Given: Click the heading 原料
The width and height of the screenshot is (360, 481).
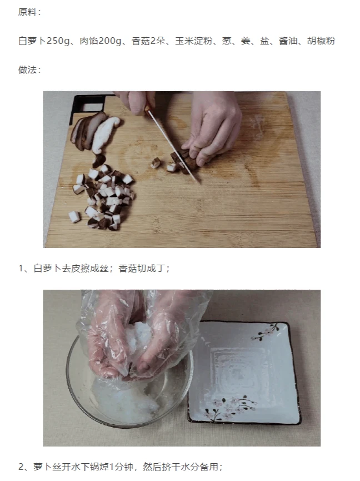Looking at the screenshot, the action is pyautogui.click(x=27, y=12).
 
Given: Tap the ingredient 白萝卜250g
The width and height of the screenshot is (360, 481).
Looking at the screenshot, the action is pyautogui.click(x=44, y=41).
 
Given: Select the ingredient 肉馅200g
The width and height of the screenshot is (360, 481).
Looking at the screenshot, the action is pyautogui.click(x=101, y=41).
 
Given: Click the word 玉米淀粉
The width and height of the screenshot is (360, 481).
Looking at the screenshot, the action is pyautogui.click(x=194, y=41).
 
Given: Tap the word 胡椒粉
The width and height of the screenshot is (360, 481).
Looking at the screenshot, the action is pyautogui.click(x=321, y=41).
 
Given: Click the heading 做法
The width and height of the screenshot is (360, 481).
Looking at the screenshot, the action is pyautogui.click(x=27, y=70).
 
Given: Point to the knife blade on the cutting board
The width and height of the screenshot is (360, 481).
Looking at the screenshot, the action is pyautogui.click(x=174, y=147).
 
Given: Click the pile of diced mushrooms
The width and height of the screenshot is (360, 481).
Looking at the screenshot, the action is pyautogui.click(x=103, y=198).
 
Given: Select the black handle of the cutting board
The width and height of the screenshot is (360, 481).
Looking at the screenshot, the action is pyautogui.click(x=87, y=105).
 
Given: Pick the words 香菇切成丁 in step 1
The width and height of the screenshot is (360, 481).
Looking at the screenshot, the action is pyautogui.click(x=142, y=269).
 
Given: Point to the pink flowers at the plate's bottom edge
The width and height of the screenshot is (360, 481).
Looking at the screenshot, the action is pyautogui.click(x=230, y=408).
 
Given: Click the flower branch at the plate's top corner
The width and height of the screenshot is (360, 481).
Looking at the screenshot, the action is pyautogui.click(x=266, y=331).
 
